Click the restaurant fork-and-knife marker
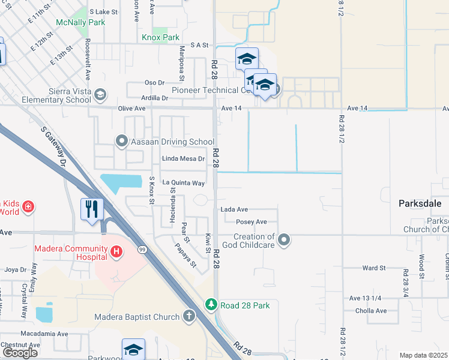[x=91, y=209]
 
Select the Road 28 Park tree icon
[x=211, y=305]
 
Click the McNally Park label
[x=80, y=22]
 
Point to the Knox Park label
[x=160, y=37]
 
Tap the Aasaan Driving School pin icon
[x=122, y=142]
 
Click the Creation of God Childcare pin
[x=285, y=241]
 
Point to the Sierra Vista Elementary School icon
[x=100, y=94]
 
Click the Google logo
[x=20, y=353]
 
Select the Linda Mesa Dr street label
[x=184, y=159]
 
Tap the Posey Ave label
[x=252, y=222]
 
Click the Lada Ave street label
[x=234, y=209]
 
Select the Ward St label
[x=373, y=268]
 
